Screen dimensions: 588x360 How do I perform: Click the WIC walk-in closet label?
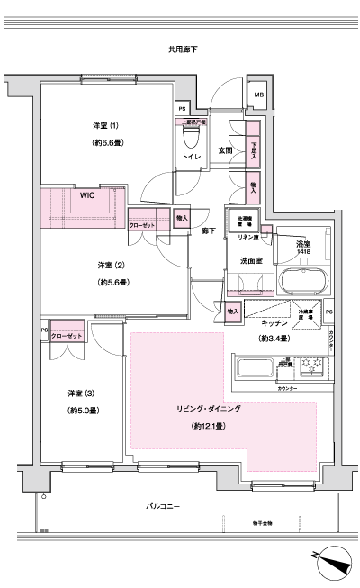(x=87, y=194)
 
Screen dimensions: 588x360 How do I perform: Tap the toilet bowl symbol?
(x=190, y=137)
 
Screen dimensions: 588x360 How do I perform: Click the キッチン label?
(x=274, y=322)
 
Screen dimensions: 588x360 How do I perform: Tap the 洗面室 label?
(x=250, y=260)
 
